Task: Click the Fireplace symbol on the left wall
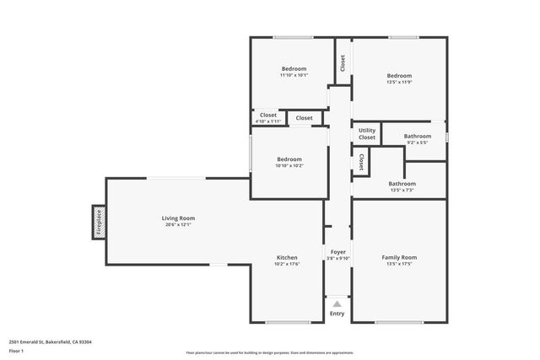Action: tap(98, 223)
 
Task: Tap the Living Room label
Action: tap(178, 218)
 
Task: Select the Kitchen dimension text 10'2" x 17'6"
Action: tap(287, 264)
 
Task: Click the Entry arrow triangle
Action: tap(337, 304)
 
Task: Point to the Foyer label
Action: tap(337, 251)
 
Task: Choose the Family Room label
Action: tap(399, 257)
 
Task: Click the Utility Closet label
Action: tap(367, 133)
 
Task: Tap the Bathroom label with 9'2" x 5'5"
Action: tap(417, 136)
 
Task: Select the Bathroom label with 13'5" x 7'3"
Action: tap(402, 183)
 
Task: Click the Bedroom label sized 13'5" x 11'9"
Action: tap(399, 75)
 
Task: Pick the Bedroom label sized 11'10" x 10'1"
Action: tap(294, 68)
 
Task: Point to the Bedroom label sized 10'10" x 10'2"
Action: tap(289, 159)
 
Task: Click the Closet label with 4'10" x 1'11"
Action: tap(267, 115)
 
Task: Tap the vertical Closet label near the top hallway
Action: tap(343, 63)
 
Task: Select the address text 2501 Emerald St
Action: tap(50, 341)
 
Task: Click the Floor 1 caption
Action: tap(17, 350)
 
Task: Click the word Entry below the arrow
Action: tap(337, 314)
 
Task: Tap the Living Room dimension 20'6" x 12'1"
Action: tap(178, 224)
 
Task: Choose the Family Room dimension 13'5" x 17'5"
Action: tap(399, 264)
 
